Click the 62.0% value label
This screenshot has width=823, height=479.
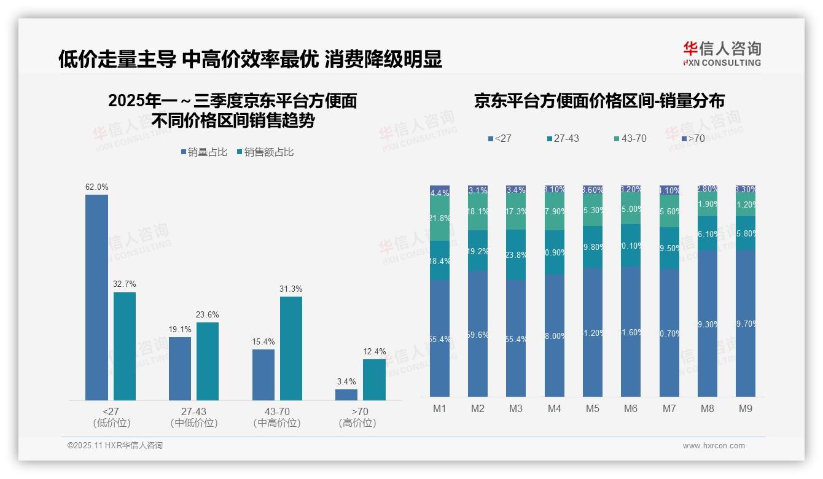pyautogui.click(x=96, y=187)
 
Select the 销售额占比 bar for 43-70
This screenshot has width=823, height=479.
pyautogui.click(x=291, y=348)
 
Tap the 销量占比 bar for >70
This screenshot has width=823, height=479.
pyautogui.click(x=346, y=395)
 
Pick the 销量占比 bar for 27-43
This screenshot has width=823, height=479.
pyautogui.click(x=180, y=368)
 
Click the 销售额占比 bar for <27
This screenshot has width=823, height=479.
pyautogui.click(x=125, y=346)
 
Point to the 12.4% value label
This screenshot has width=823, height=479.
pyautogui.click(x=375, y=352)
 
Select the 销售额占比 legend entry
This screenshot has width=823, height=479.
pyautogui.click(x=265, y=152)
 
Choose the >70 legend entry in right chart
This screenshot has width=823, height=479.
pyautogui.click(x=693, y=139)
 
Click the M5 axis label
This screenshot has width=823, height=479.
pyautogui.click(x=592, y=408)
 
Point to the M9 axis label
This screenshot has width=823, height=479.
pyautogui.click(x=745, y=408)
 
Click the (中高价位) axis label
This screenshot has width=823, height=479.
pyautogui.click(x=277, y=423)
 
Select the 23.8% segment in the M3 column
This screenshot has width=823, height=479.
pyautogui.click(x=516, y=255)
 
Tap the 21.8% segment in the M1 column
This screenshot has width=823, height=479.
pyautogui.click(x=440, y=219)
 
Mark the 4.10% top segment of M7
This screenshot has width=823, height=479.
pyautogui.click(x=669, y=190)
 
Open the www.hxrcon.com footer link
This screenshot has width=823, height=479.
pyautogui.click(x=714, y=446)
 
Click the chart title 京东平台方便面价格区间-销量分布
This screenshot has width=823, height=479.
pyautogui.click(x=599, y=101)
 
